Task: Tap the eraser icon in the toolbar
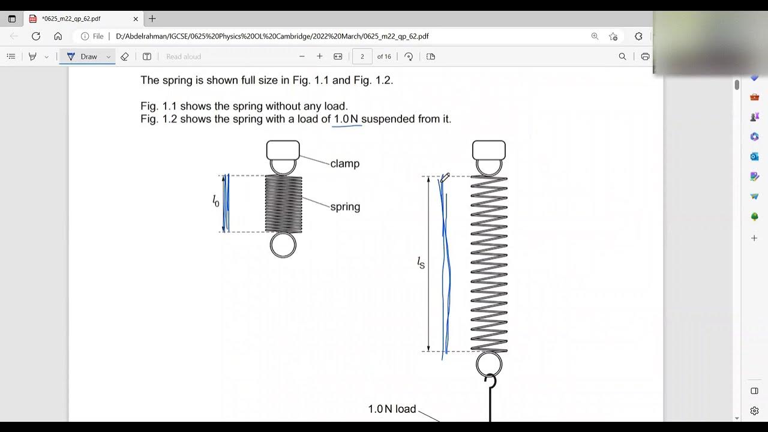(x=125, y=56)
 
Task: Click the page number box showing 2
(x=362, y=56)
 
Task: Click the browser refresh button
(x=36, y=36)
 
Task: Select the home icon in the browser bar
(x=58, y=36)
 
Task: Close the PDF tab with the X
(x=136, y=19)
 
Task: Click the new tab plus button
(x=152, y=19)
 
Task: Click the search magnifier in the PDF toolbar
(x=622, y=56)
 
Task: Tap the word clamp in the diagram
(x=344, y=164)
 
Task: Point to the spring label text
(x=345, y=207)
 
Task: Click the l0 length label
(x=216, y=202)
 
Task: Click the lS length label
(x=421, y=262)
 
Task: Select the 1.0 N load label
(x=392, y=409)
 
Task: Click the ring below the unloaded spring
(x=283, y=245)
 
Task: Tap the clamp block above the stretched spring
(x=489, y=150)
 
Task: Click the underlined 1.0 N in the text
(x=346, y=119)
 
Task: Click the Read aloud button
(x=184, y=56)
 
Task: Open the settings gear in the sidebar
(x=754, y=411)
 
